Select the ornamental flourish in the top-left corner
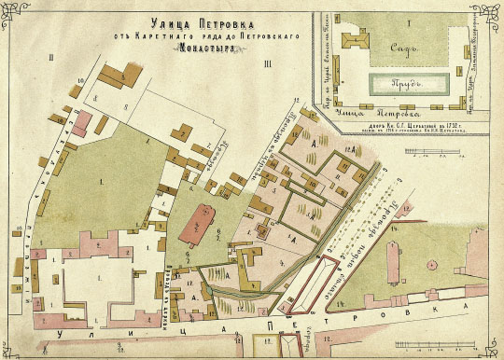pyautogui.click(x=13, y=13)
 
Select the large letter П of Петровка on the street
pyautogui.click(x=272, y=328)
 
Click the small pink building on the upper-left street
pyautogui.click(x=83, y=121)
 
